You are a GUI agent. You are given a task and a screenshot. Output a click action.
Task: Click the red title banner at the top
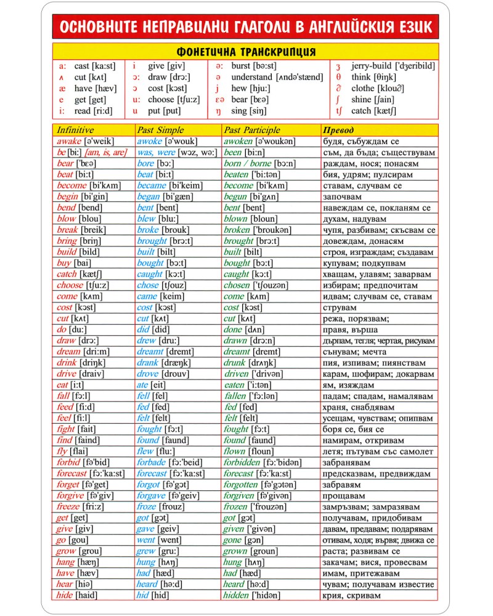[246, 28]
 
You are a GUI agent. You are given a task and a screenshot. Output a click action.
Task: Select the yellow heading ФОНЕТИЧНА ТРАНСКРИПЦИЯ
[246, 52]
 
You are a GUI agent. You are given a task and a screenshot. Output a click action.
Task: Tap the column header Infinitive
[75, 130]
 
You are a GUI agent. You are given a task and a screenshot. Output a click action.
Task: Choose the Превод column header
[339, 130]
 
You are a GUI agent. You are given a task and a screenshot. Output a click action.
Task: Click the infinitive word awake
[69, 141]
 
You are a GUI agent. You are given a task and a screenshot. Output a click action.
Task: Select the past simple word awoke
[150, 141]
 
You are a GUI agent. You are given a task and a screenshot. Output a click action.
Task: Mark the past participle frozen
[235, 506]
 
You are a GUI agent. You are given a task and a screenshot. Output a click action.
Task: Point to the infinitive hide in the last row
[65, 595]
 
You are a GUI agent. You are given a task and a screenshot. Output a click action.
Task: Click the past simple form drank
[148, 363]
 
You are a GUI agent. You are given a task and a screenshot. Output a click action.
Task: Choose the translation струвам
[340, 307]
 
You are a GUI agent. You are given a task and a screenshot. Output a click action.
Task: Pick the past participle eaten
[234, 385]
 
